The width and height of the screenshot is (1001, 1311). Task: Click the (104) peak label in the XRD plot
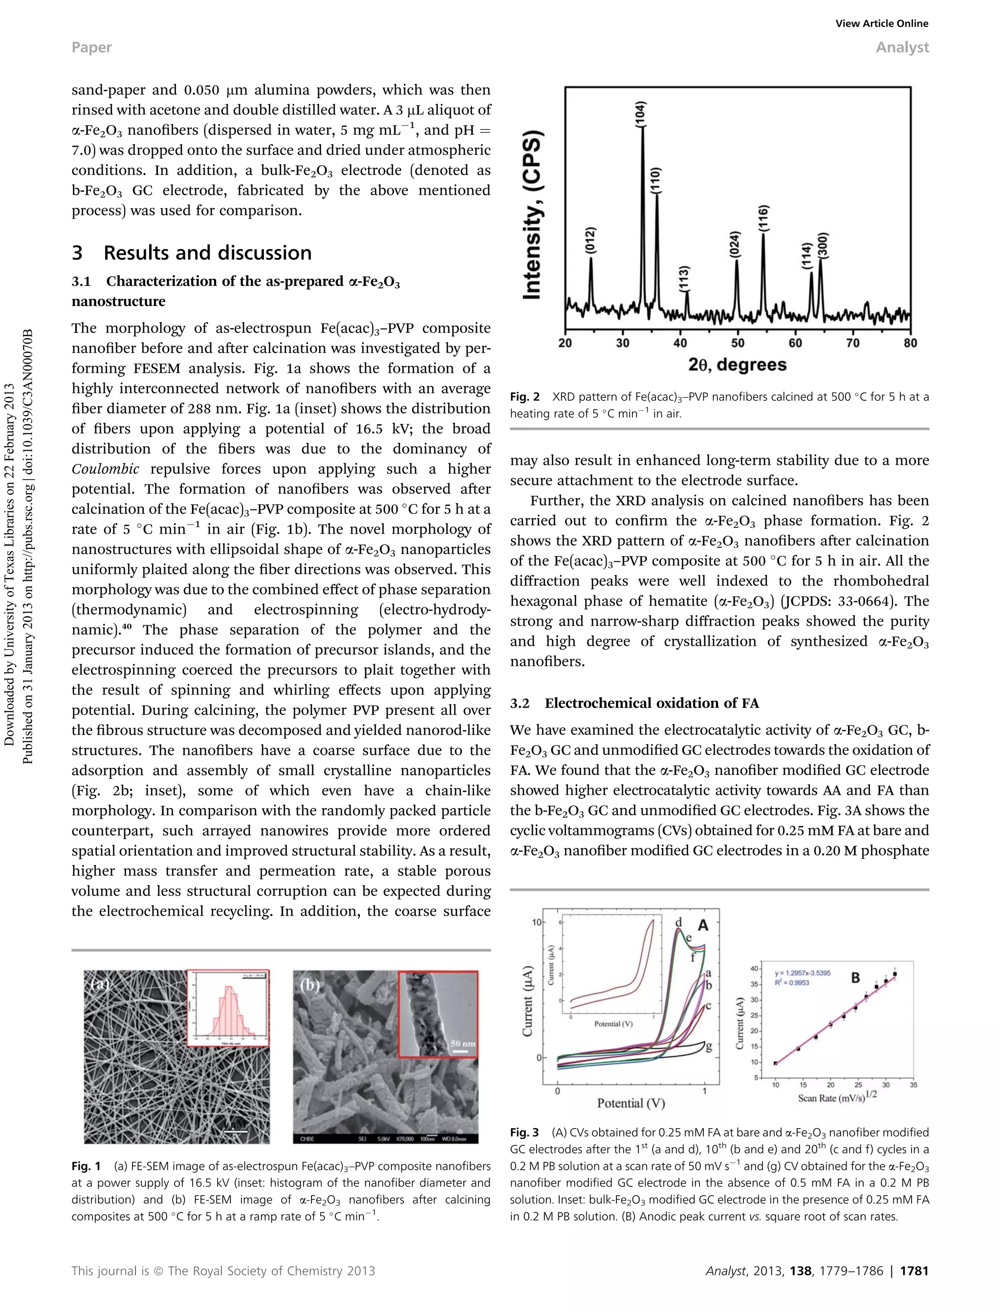coord(640,113)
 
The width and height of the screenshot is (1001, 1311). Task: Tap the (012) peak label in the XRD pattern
coord(590,241)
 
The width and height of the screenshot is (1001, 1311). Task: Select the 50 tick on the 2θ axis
coord(738,343)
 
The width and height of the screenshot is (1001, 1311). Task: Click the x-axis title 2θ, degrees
coord(738,365)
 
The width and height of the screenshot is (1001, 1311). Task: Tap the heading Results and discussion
coord(207,253)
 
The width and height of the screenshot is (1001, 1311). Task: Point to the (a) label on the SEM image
coord(99,984)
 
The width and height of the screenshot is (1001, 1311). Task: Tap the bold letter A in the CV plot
coord(702,925)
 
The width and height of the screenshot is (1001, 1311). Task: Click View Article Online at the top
coord(881,24)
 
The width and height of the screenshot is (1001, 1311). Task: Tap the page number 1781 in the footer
coord(914,1271)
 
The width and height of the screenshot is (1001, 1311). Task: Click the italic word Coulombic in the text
coord(106,469)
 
